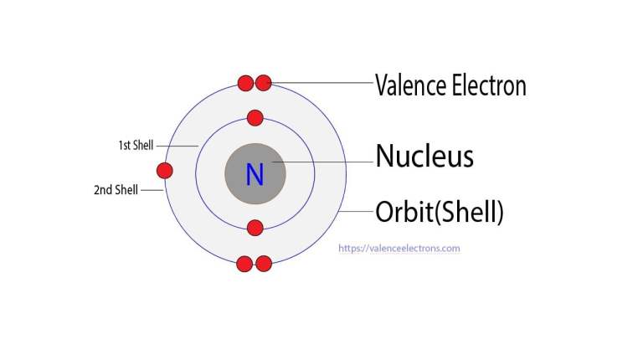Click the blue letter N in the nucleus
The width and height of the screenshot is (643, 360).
255,174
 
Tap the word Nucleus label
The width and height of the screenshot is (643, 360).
424,156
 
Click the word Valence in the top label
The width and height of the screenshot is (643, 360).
409,85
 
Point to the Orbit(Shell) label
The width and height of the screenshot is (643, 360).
440,213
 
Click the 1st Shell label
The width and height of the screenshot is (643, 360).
135,146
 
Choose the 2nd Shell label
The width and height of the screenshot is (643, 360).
116,190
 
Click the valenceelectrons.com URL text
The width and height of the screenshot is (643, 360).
399,249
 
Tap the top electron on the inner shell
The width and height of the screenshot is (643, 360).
255,118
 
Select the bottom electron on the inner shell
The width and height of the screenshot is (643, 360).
255,228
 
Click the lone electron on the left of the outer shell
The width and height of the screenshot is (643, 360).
165,172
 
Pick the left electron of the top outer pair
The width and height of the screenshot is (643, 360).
245,83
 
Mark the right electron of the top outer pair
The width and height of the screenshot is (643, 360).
264,83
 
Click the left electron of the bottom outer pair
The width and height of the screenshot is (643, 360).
244,265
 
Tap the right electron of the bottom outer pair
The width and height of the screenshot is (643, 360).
264,265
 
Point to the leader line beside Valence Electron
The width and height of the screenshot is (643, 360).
322,83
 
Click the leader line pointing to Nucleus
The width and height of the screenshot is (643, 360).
322,162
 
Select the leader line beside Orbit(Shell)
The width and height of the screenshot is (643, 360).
356,213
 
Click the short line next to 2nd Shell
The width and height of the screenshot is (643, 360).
152,190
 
